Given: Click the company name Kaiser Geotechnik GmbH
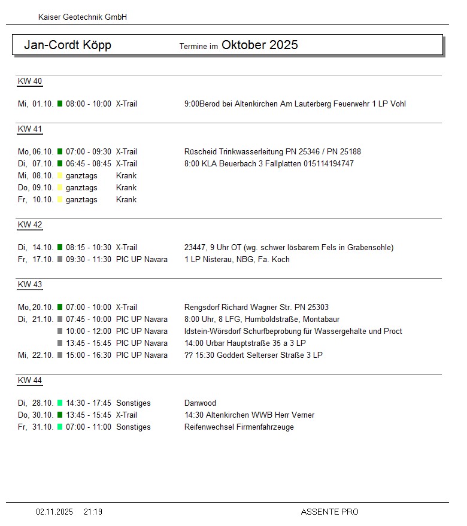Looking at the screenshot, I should (x=83, y=17).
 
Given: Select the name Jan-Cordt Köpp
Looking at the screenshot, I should (x=68, y=45).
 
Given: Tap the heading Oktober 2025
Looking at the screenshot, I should (x=259, y=45).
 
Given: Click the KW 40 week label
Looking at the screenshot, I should (x=30, y=81).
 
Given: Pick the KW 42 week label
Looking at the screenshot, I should (x=30, y=225).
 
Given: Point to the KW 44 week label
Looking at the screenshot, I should (x=30, y=381).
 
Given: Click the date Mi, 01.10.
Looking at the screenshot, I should (x=36, y=104).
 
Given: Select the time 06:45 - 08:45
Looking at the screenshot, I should (x=89, y=164).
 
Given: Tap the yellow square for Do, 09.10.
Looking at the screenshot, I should (x=60, y=188).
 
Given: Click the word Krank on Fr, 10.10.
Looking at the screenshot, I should (x=126, y=200).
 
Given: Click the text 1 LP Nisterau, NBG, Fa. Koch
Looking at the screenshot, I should (x=237, y=260).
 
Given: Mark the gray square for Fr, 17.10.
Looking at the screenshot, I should (x=60, y=260).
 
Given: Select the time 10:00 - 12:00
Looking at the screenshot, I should (x=89, y=332).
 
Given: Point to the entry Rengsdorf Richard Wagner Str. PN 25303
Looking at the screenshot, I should (x=256, y=308).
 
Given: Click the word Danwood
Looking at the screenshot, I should (x=201, y=403).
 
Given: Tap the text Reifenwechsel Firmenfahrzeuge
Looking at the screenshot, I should (x=239, y=427).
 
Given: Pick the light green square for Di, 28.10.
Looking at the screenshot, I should (x=60, y=403).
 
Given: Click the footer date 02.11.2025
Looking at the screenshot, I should (x=54, y=512).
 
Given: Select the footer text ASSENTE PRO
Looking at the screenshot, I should (x=329, y=512).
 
